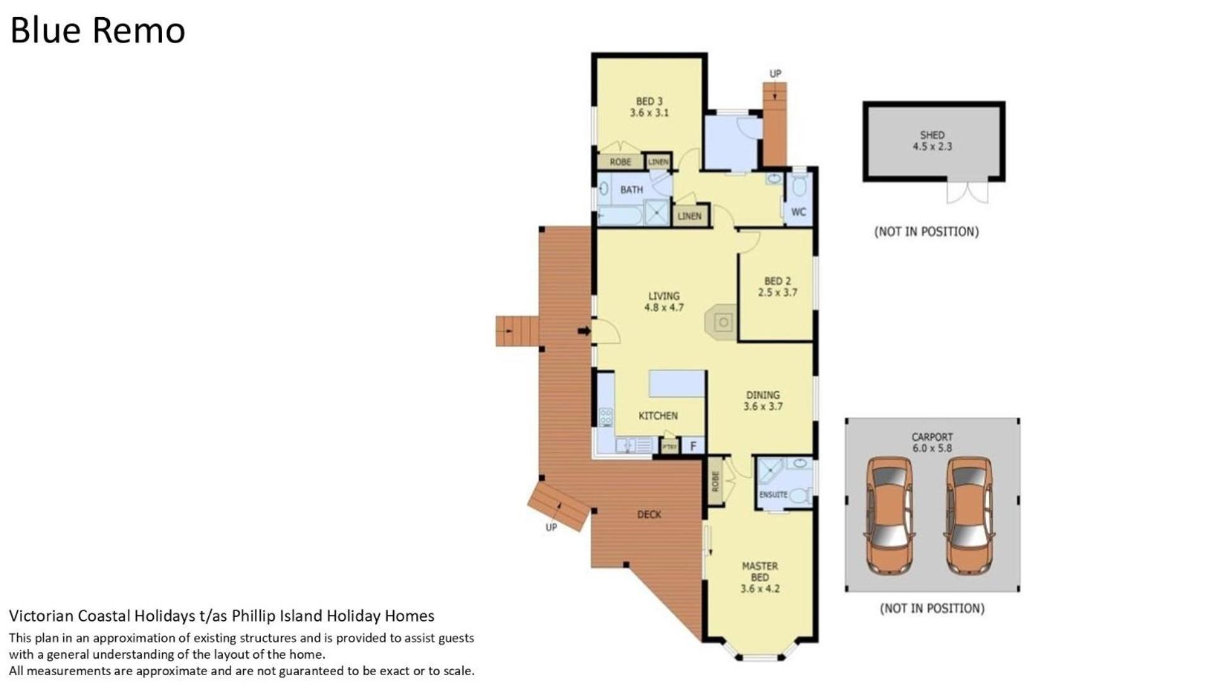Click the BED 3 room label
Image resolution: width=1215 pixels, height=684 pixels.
pos(649,101)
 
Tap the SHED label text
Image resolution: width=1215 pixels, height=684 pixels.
pos(932,135)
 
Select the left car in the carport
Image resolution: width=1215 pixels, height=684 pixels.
pos(890,516)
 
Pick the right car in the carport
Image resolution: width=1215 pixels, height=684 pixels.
pos(969,516)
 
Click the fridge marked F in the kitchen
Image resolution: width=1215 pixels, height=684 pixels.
pos(693,446)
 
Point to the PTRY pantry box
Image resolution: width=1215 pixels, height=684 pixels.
pos(669,446)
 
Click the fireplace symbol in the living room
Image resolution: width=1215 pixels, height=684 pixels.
pos(722,322)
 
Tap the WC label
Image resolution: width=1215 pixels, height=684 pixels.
pos(798,212)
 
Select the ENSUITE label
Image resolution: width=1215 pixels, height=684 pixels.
pos(773,495)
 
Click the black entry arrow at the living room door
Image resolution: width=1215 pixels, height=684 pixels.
pos(584,331)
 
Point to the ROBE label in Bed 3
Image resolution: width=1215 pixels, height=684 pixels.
pos(620,162)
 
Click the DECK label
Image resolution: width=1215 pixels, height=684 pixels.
pos(649,514)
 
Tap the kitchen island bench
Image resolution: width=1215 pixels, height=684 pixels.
pos(677,384)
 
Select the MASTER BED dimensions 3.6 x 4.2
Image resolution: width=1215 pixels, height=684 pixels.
pos(760,588)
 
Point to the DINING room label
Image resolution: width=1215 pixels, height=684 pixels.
pos(762,395)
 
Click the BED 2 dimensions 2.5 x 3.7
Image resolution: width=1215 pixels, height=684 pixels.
pos(777,293)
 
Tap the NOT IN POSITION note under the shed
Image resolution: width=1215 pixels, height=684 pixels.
pos(926,232)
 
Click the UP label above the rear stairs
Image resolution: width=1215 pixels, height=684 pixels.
pos(775,74)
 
